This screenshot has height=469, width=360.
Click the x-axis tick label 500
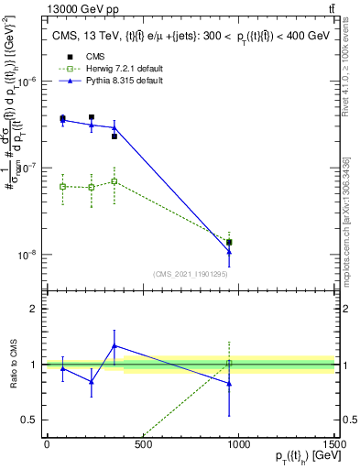142,446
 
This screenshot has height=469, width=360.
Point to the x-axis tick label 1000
238,446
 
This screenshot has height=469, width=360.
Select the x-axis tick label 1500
334,446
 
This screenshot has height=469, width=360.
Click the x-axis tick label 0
47,446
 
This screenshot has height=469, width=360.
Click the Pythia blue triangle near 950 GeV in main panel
229,252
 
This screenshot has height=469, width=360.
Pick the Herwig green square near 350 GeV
114,181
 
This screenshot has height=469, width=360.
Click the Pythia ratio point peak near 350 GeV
114,346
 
